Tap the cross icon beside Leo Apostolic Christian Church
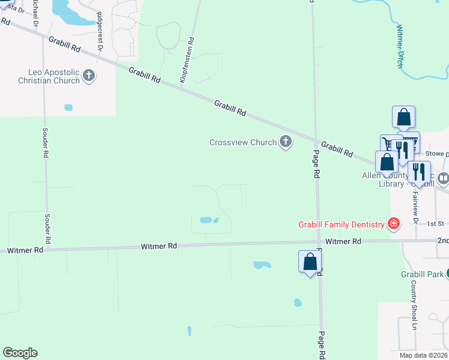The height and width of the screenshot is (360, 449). pos(89,76)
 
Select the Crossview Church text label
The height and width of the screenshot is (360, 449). pos(243,143)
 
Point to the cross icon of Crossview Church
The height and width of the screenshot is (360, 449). pos(285,142)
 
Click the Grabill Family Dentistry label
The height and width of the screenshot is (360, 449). pos(342,224)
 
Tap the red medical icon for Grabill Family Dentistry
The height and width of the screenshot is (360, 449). pos(394,224)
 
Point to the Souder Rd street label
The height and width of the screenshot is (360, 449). pos(46,142)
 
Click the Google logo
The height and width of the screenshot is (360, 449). pos(20,353)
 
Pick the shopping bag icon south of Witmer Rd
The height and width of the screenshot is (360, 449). pos(310,262)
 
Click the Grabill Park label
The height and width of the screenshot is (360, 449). pos(422,274)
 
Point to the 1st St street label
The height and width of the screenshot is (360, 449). pos(435,224)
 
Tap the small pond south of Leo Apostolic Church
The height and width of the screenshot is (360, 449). pos(68,107)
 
